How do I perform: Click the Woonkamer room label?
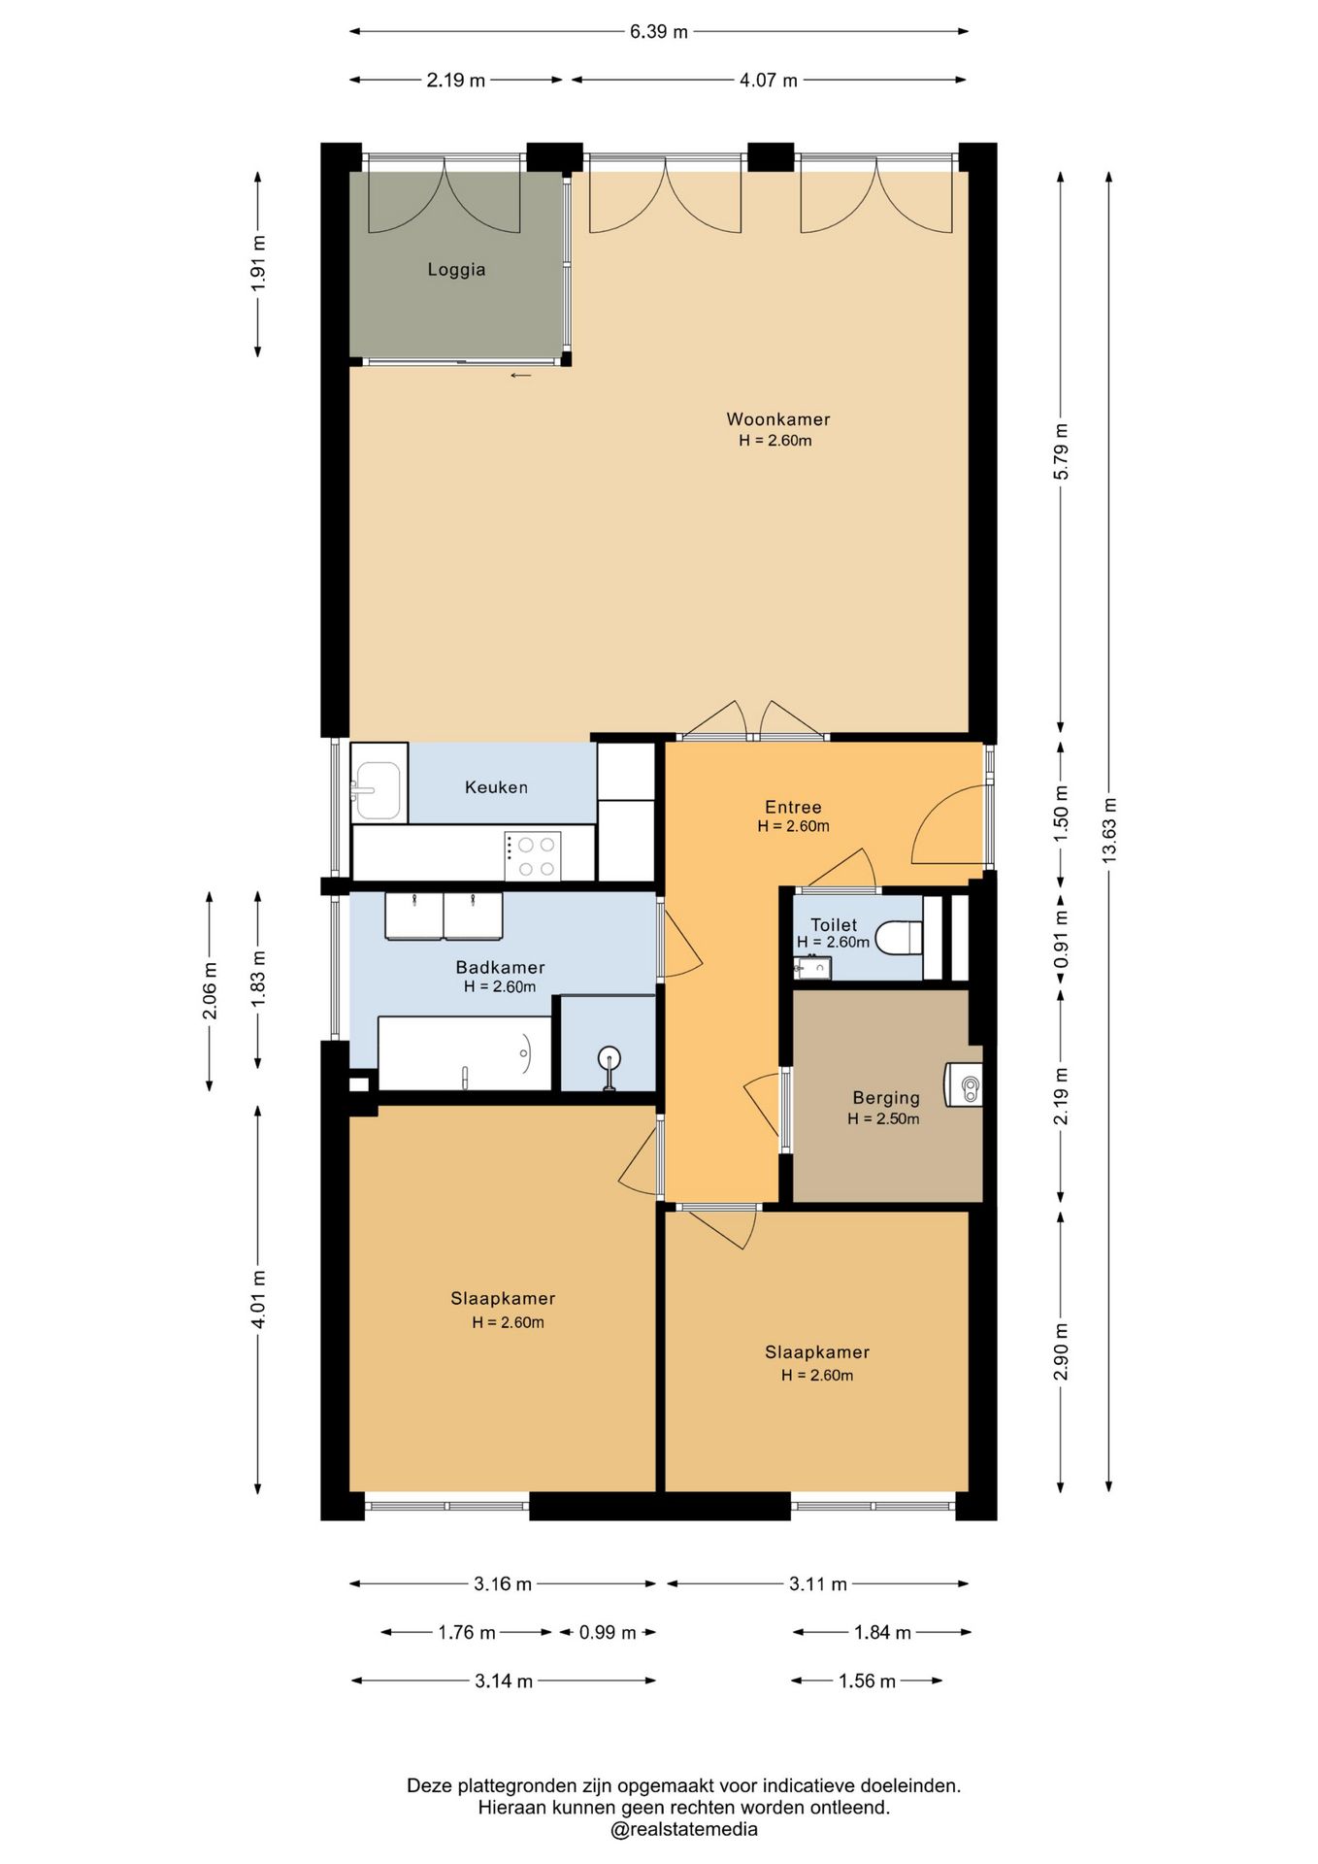[x=777, y=419]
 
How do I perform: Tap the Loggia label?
[x=456, y=270]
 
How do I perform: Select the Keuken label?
[x=496, y=787]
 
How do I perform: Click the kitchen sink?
[x=377, y=790]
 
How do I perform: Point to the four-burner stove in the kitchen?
[x=532, y=855]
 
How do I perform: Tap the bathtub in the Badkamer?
[x=464, y=1053]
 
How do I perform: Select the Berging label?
[x=885, y=1098]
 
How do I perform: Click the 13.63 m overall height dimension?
[x=1109, y=830]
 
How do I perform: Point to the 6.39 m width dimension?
[x=658, y=32]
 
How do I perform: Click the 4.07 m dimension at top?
[x=768, y=81]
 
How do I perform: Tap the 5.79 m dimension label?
[x=1061, y=451]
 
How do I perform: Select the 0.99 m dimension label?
[x=608, y=1633]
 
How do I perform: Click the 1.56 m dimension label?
[x=867, y=1681]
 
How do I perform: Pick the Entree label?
[x=793, y=807]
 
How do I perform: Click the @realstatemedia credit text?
[x=684, y=1829]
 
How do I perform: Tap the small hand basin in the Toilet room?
[x=811, y=967]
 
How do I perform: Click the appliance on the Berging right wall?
[x=964, y=1084]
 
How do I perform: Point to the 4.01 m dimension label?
[x=258, y=1299]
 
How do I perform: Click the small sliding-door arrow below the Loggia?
[x=521, y=376]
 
